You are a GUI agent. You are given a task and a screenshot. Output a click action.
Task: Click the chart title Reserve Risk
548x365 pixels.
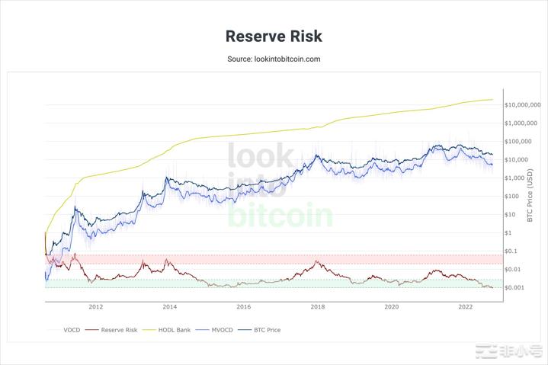274,36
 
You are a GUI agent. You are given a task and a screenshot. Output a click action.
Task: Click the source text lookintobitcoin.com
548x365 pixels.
274,59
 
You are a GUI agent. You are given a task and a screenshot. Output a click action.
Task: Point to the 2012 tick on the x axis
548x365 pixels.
96,307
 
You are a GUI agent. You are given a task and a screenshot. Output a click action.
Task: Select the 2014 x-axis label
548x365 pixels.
170,307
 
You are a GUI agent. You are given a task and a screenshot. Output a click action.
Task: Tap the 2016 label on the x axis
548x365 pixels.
244,307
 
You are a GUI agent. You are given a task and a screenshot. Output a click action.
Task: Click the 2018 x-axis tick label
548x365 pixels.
318,307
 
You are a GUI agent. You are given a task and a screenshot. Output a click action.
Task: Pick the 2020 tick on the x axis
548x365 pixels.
392,307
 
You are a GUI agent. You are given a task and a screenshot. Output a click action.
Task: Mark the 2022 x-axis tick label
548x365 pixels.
465,307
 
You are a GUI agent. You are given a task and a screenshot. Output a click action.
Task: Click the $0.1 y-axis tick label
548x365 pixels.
510,251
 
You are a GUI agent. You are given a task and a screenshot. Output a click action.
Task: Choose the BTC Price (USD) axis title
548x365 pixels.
531,196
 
